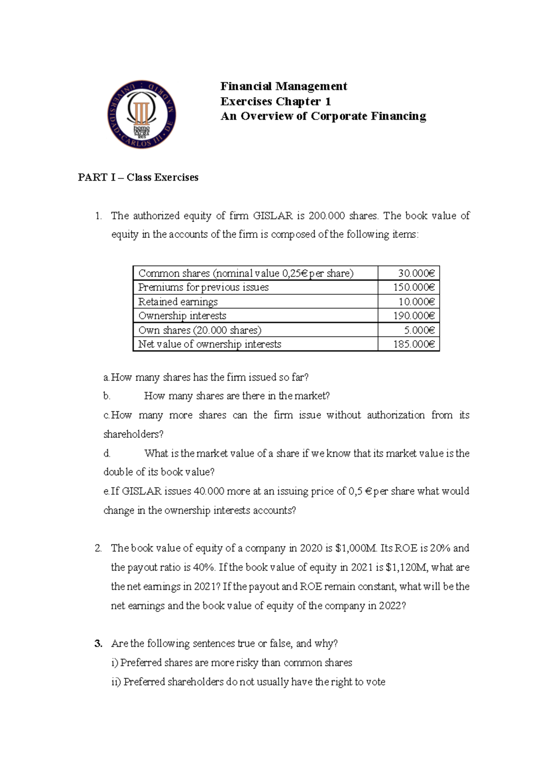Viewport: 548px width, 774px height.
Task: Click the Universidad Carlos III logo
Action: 142,115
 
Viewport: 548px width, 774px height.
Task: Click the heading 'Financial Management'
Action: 284,86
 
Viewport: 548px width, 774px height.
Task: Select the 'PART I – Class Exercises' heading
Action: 138,178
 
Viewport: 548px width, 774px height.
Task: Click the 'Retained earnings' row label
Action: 178,302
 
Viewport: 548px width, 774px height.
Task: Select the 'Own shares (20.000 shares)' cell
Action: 200,330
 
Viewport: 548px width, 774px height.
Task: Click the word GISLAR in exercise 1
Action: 276,215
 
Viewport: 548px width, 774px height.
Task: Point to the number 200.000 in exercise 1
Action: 327,215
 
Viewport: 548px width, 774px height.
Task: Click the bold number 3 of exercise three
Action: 98,644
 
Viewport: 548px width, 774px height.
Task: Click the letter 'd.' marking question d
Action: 107,453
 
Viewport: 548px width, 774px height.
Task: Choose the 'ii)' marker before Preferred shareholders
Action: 116,682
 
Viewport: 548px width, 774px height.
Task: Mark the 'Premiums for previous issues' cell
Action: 203,288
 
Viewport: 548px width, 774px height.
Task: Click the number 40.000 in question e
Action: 209,491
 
